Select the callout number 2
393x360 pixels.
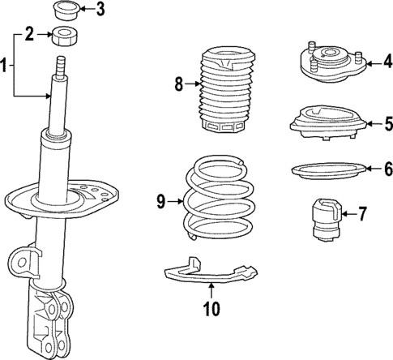29,34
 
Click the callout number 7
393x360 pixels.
362,214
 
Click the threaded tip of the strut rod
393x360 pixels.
61,64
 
